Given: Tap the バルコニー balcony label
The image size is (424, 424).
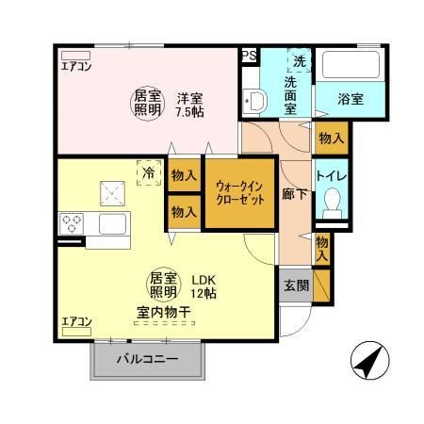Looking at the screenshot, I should tap(147, 359).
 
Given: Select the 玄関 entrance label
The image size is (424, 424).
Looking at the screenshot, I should tap(294, 285).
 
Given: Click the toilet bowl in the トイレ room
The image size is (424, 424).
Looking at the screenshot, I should tap(331, 201).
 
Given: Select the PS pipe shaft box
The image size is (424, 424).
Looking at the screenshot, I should tap(249, 57).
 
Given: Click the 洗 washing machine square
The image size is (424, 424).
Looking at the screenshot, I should tap(300, 60).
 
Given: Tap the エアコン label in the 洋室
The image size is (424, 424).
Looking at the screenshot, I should tap(76, 67).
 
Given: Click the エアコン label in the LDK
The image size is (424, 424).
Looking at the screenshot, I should tap(76, 322).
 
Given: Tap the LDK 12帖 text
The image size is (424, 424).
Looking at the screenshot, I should tap(204, 285).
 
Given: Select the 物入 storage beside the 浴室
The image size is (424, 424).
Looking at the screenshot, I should tap(331, 139).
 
